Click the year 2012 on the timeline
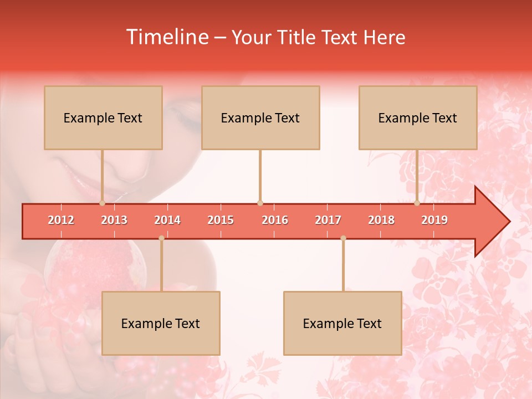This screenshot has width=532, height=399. (61, 220)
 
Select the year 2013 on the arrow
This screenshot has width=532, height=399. (114, 220)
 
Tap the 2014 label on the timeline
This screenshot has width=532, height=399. (167, 220)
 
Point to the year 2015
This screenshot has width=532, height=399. (221, 220)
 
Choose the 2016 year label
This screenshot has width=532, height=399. (275, 220)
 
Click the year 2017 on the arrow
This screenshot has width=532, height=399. (328, 220)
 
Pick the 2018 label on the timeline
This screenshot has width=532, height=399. (381, 220)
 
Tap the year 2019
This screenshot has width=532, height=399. (434, 220)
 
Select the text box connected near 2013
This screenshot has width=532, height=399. (103, 117)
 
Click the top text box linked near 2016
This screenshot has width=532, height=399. (260, 117)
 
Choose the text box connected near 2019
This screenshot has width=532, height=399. (418, 117)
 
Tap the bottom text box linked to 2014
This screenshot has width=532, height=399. (161, 323)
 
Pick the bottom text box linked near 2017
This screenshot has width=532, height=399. (342, 323)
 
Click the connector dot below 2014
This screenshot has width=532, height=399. (161, 238)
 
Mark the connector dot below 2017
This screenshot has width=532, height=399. (343, 238)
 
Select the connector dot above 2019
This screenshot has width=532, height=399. (417, 203)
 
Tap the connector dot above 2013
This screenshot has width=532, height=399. (102, 203)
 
